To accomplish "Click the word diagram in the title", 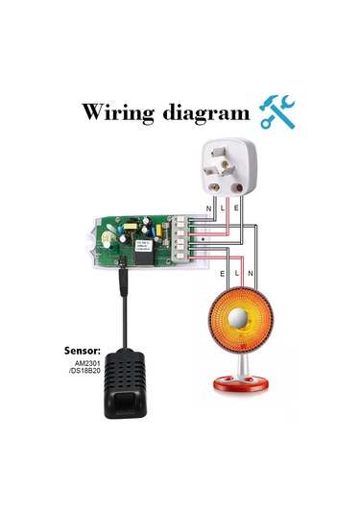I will [x=203, y=113].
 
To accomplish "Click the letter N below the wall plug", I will [x=211, y=206].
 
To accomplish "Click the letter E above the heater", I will [x=224, y=273].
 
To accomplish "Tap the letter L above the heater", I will [x=237, y=273].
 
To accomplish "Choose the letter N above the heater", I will [x=252, y=273].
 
